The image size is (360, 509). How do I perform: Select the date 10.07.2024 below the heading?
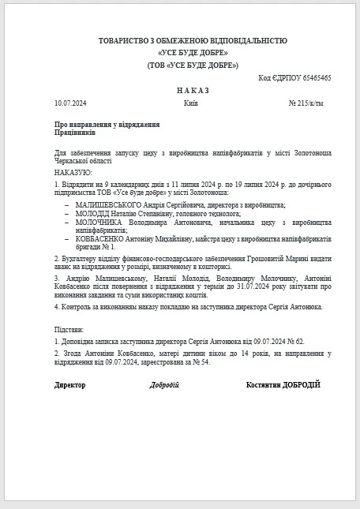(71, 103)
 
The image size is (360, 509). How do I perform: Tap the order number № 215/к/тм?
(307, 103)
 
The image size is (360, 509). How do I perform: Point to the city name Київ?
(190, 103)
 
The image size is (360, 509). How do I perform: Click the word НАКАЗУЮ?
(73, 172)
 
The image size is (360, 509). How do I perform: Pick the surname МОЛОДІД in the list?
(93, 213)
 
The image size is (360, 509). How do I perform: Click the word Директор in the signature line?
(70, 384)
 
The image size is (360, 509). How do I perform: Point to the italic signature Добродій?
(164, 384)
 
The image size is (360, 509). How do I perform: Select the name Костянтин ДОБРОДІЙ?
(283, 384)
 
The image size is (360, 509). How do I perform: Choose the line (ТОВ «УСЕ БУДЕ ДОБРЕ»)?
(193, 65)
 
